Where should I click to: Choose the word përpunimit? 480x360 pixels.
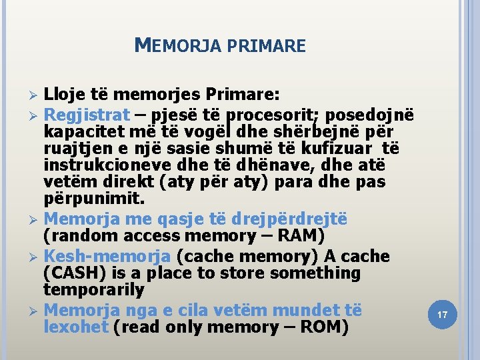[93, 199]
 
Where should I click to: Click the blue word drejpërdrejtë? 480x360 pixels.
[283, 219]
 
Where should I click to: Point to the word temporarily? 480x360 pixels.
[93, 291]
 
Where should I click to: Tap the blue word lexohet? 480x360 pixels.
[75, 327]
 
